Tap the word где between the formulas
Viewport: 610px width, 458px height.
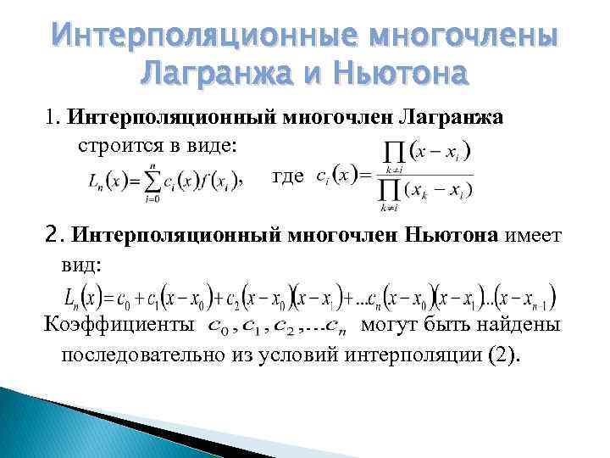[x=287, y=176]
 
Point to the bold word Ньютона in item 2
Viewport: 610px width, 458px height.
[x=449, y=235]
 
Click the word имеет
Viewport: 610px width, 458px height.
[x=534, y=235]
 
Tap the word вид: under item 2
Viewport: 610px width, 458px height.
[x=81, y=264]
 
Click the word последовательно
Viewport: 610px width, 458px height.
[x=144, y=354]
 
